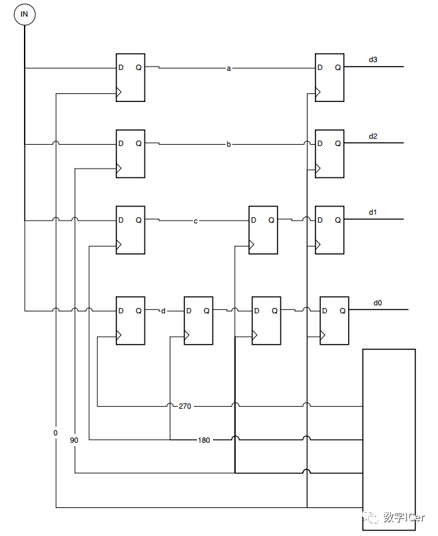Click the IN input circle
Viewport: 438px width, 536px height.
click(x=25, y=15)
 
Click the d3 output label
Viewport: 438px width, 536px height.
click(x=373, y=60)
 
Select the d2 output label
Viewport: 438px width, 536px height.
click(x=373, y=137)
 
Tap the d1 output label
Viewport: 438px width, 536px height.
click(x=373, y=212)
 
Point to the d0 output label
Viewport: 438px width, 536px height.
click(x=377, y=303)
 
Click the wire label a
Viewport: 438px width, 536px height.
click(x=229, y=69)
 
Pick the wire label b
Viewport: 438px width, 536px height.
click(x=229, y=144)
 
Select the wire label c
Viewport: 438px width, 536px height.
click(x=196, y=221)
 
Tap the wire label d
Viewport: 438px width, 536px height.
click(x=163, y=311)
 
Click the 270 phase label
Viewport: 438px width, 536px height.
click(x=184, y=406)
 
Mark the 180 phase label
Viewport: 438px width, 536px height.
click(x=204, y=440)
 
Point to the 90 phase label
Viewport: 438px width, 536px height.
click(x=74, y=440)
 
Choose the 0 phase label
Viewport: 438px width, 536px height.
click(x=55, y=433)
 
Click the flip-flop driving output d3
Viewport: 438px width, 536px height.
click(x=329, y=77)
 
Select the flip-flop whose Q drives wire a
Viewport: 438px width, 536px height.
click(x=130, y=77)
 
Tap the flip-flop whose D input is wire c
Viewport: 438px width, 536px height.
click(x=263, y=230)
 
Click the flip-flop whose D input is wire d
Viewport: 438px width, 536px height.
click(x=198, y=321)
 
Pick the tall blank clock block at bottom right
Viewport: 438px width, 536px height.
click(x=389, y=439)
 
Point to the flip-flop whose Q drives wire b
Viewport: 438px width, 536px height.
click(x=130, y=154)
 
